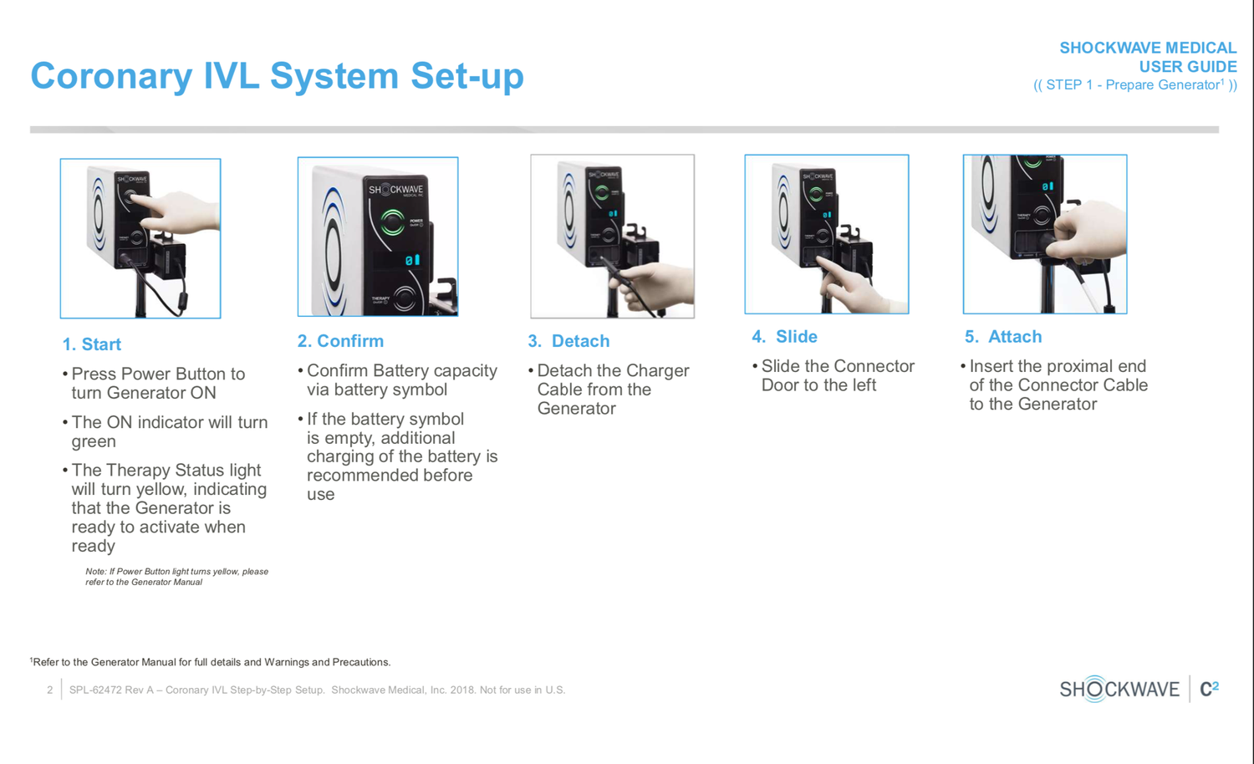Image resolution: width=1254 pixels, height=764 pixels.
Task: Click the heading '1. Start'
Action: coord(91,344)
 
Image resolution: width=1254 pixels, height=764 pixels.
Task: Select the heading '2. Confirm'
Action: coord(340,341)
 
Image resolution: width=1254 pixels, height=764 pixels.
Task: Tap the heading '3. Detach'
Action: coord(568,341)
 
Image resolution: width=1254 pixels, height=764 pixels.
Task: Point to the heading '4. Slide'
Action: coord(784,336)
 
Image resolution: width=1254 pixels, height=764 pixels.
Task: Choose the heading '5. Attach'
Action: coord(1003,336)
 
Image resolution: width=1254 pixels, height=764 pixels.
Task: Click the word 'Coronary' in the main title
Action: coord(111,77)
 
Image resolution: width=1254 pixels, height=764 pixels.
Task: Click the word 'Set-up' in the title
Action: coord(466,77)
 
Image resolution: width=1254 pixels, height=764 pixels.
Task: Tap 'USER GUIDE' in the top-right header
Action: coord(1188,67)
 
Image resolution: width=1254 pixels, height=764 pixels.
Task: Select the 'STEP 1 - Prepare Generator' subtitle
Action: coord(1134,85)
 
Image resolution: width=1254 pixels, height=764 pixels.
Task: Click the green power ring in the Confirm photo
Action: coord(392,222)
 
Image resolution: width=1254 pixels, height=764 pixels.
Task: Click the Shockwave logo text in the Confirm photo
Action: coord(395,191)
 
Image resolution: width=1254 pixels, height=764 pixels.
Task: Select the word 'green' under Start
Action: coord(94,441)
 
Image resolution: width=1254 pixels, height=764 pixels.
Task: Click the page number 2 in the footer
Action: coord(50,690)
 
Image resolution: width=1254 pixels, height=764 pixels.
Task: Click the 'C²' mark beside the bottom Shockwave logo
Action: coord(1209,689)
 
